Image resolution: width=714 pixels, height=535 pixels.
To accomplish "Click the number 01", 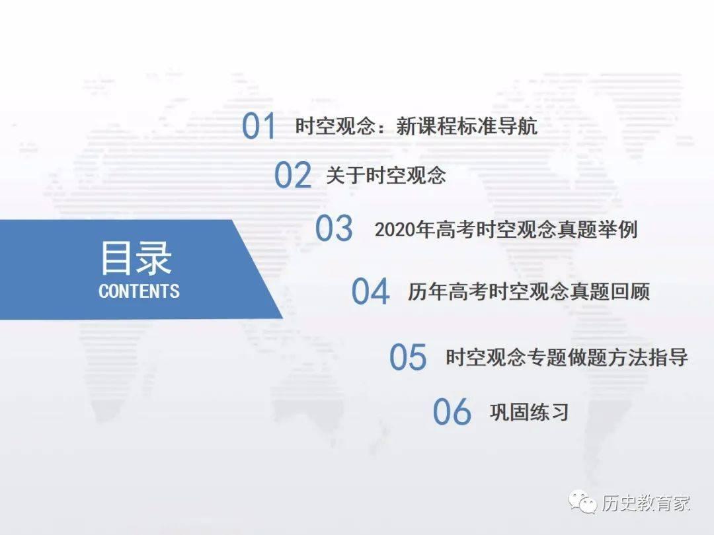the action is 258,126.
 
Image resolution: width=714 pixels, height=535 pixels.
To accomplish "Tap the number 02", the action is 293,175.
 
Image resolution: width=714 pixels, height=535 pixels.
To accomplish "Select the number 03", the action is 334,228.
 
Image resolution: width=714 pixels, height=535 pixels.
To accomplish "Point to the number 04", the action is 370,291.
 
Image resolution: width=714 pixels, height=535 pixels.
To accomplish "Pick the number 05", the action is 408,357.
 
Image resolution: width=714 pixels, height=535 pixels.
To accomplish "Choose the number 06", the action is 452,411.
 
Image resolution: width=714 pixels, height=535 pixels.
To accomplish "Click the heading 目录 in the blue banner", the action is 136,258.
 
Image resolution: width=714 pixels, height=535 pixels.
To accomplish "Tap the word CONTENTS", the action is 139,291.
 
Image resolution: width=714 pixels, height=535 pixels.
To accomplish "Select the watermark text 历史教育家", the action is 646,503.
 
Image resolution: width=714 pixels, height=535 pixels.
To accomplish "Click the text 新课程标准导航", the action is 467,126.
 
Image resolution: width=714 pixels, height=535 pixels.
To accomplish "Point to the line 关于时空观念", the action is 386,175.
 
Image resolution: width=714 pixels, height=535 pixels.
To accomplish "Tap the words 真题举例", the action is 597,229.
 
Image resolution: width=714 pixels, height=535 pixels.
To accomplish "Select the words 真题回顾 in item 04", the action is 610,292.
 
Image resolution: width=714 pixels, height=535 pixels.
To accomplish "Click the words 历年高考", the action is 448,292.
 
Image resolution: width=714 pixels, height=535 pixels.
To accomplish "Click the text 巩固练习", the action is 529,412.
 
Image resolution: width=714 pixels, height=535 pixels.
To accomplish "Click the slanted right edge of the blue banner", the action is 258,269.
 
